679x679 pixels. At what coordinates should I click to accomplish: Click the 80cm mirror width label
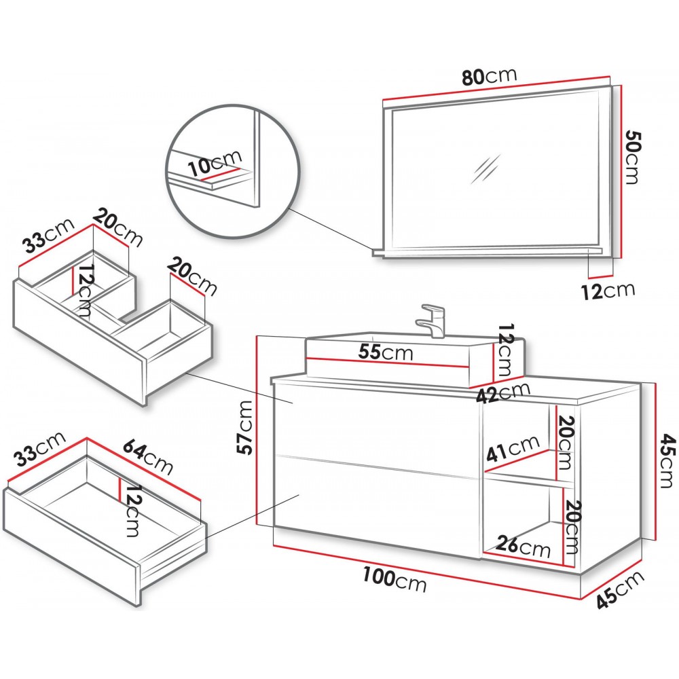pyautogui.click(x=490, y=76)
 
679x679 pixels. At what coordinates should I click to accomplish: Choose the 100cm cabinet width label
pyautogui.click(x=394, y=581)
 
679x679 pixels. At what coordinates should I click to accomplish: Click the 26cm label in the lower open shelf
pyautogui.click(x=522, y=545)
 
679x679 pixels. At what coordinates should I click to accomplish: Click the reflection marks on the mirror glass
pyautogui.click(x=487, y=169)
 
